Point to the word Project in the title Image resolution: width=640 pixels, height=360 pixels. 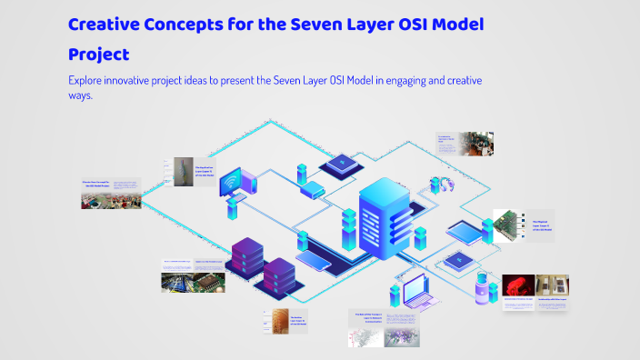pyautogui.click(x=105, y=54)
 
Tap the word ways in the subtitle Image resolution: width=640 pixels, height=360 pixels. pyautogui.click(x=81, y=95)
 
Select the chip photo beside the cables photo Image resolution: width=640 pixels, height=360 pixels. pyautogui.click(x=210, y=280)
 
